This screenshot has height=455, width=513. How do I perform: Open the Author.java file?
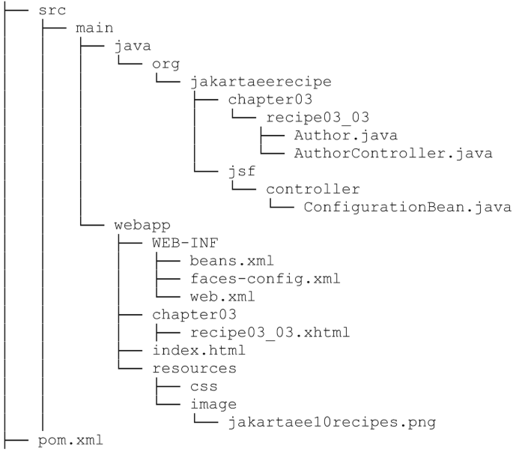click(336, 136)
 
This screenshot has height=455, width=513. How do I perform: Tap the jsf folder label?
click(238, 172)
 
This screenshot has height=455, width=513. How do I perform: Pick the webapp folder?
click(142, 225)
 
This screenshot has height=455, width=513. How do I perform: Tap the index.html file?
click(198, 351)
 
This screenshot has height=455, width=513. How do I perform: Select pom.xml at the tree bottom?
click(70, 441)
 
